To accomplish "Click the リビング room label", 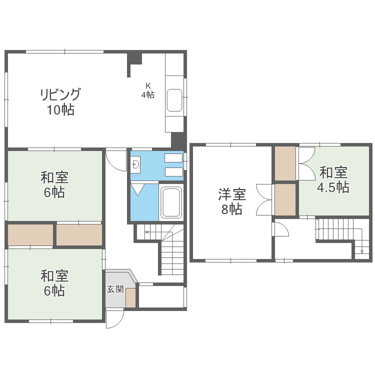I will click(x=60, y=94).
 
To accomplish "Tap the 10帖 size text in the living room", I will click(x=60, y=110).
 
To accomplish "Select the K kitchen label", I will click(x=148, y=85).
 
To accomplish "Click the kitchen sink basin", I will click(x=174, y=100).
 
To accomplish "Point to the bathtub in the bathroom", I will click(x=171, y=203).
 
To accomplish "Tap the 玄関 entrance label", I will click(x=115, y=289).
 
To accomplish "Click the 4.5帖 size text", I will click(x=333, y=187).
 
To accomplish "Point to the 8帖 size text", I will click(x=231, y=209).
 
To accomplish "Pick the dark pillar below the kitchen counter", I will click(x=177, y=139).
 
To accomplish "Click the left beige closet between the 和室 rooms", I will click(x=30, y=235).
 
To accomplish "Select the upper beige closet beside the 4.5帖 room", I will click(x=285, y=163).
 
